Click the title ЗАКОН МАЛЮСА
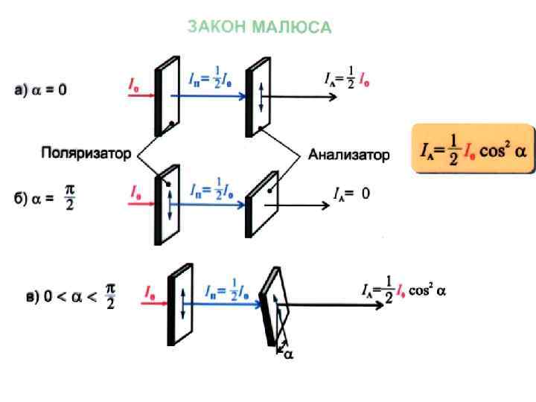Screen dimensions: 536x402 (258, 28)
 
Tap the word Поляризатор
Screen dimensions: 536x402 (86, 154)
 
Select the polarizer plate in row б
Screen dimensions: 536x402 (165, 205)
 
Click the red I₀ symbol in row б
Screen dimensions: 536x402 (137, 192)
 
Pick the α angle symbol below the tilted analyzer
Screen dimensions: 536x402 (289, 354)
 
